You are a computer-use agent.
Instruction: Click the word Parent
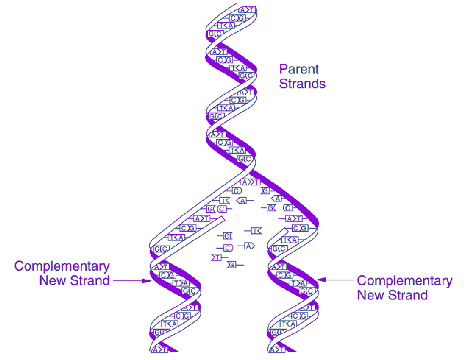click(x=299, y=69)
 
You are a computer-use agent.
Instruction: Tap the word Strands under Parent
click(x=302, y=83)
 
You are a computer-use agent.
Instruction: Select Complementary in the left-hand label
click(x=62, y=266)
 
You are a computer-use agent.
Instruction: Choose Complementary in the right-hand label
click(x=404, y=280)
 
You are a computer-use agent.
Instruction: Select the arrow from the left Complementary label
click(x=133, y=280)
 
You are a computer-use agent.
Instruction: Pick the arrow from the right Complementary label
click(x=338, y=280)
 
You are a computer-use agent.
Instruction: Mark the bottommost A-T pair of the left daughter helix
click(x=160, y=349)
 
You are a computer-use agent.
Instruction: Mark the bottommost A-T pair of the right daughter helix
click(x=277, y=349)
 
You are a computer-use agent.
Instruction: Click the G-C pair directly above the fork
click(x=246, y=158)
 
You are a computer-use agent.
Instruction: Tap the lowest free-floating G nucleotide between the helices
click(x=232, y=264)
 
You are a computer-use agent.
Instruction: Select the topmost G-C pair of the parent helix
click(x=235, y=18)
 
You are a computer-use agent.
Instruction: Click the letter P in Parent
click(x=283, y=69)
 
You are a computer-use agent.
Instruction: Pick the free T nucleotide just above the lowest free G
click(x=218, y=257)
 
